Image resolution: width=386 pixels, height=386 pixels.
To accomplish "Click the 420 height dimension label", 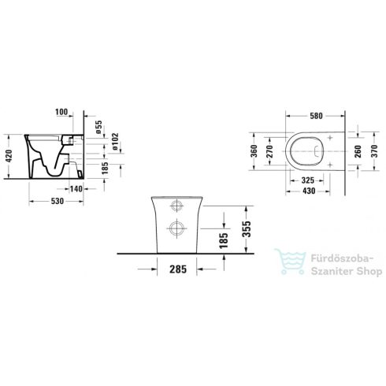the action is [9, 156].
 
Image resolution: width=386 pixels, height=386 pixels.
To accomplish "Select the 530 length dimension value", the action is [58, 201].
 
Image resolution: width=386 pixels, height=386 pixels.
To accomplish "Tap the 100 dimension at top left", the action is [61, 112].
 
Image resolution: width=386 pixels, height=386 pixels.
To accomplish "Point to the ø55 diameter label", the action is [98, 127].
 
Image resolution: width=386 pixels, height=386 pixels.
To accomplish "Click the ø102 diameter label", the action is [115, 142].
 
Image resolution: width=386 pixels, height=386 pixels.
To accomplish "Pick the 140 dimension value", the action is [76, 189].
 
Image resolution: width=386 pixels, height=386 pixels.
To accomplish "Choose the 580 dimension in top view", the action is [316, 116].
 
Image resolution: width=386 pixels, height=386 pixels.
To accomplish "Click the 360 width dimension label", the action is [254, 151].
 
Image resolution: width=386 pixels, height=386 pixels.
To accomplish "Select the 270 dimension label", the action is [270, 151].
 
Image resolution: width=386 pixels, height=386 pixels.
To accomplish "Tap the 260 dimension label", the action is [358, 151].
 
